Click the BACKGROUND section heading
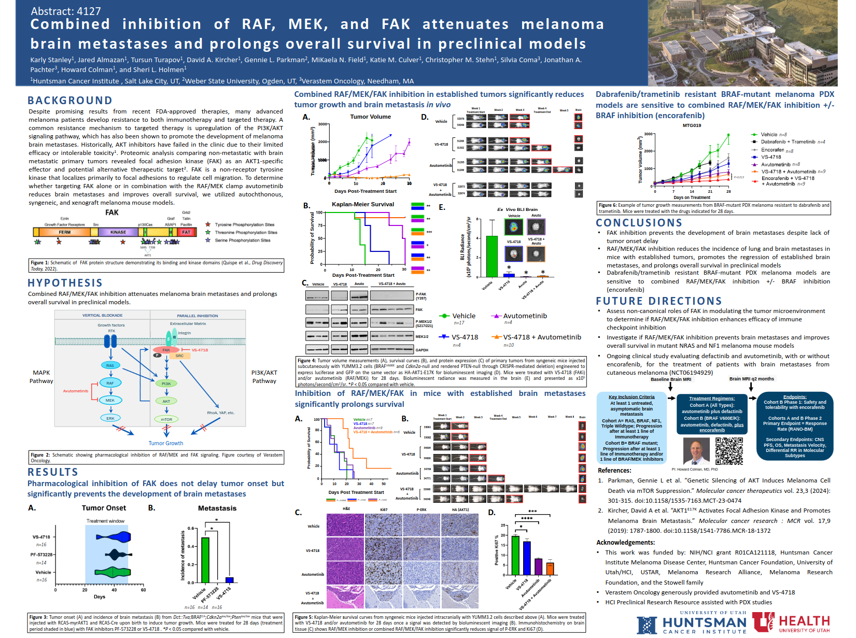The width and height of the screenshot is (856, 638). [70, 101]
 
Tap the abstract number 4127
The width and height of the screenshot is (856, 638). [66, 11]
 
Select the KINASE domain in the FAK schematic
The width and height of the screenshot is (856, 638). [118, 232]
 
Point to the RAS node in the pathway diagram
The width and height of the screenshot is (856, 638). [110, 365]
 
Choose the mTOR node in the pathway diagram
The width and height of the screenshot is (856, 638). [166, 419]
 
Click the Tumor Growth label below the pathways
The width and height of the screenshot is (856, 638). [166, 443]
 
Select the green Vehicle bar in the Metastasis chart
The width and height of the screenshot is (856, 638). [205, 560]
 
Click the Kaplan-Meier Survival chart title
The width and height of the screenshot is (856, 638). [363, 204]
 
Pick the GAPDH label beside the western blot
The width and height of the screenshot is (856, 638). [422, 350]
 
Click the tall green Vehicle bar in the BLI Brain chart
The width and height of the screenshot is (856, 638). [492, 256]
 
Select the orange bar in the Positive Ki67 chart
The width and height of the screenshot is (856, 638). [550, 569]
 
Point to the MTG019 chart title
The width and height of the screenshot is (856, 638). [692, 125]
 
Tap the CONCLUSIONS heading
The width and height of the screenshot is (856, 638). [639, 223]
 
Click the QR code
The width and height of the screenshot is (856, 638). [729, 450]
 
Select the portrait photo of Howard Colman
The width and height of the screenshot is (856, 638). [696, 451]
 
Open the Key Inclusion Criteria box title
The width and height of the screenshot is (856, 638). [632, 397]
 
